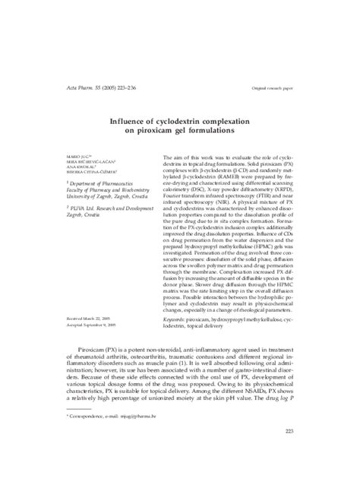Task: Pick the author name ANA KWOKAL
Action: click(x=57, y=168)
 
